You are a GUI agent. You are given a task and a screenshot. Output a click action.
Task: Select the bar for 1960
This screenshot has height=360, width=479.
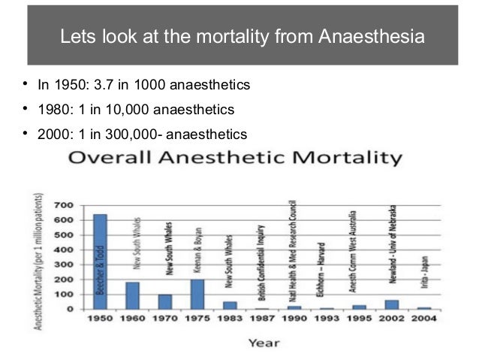point(132,295)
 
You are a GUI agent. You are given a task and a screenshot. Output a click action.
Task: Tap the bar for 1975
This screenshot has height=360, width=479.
point(197,294)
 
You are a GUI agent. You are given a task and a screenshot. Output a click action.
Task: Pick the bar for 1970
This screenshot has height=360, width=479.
point(164,301)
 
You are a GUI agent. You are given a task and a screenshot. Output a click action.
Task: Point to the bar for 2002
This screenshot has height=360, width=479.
point(392,304)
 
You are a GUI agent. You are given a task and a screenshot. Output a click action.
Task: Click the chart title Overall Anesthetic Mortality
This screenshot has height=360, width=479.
point(235,159)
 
